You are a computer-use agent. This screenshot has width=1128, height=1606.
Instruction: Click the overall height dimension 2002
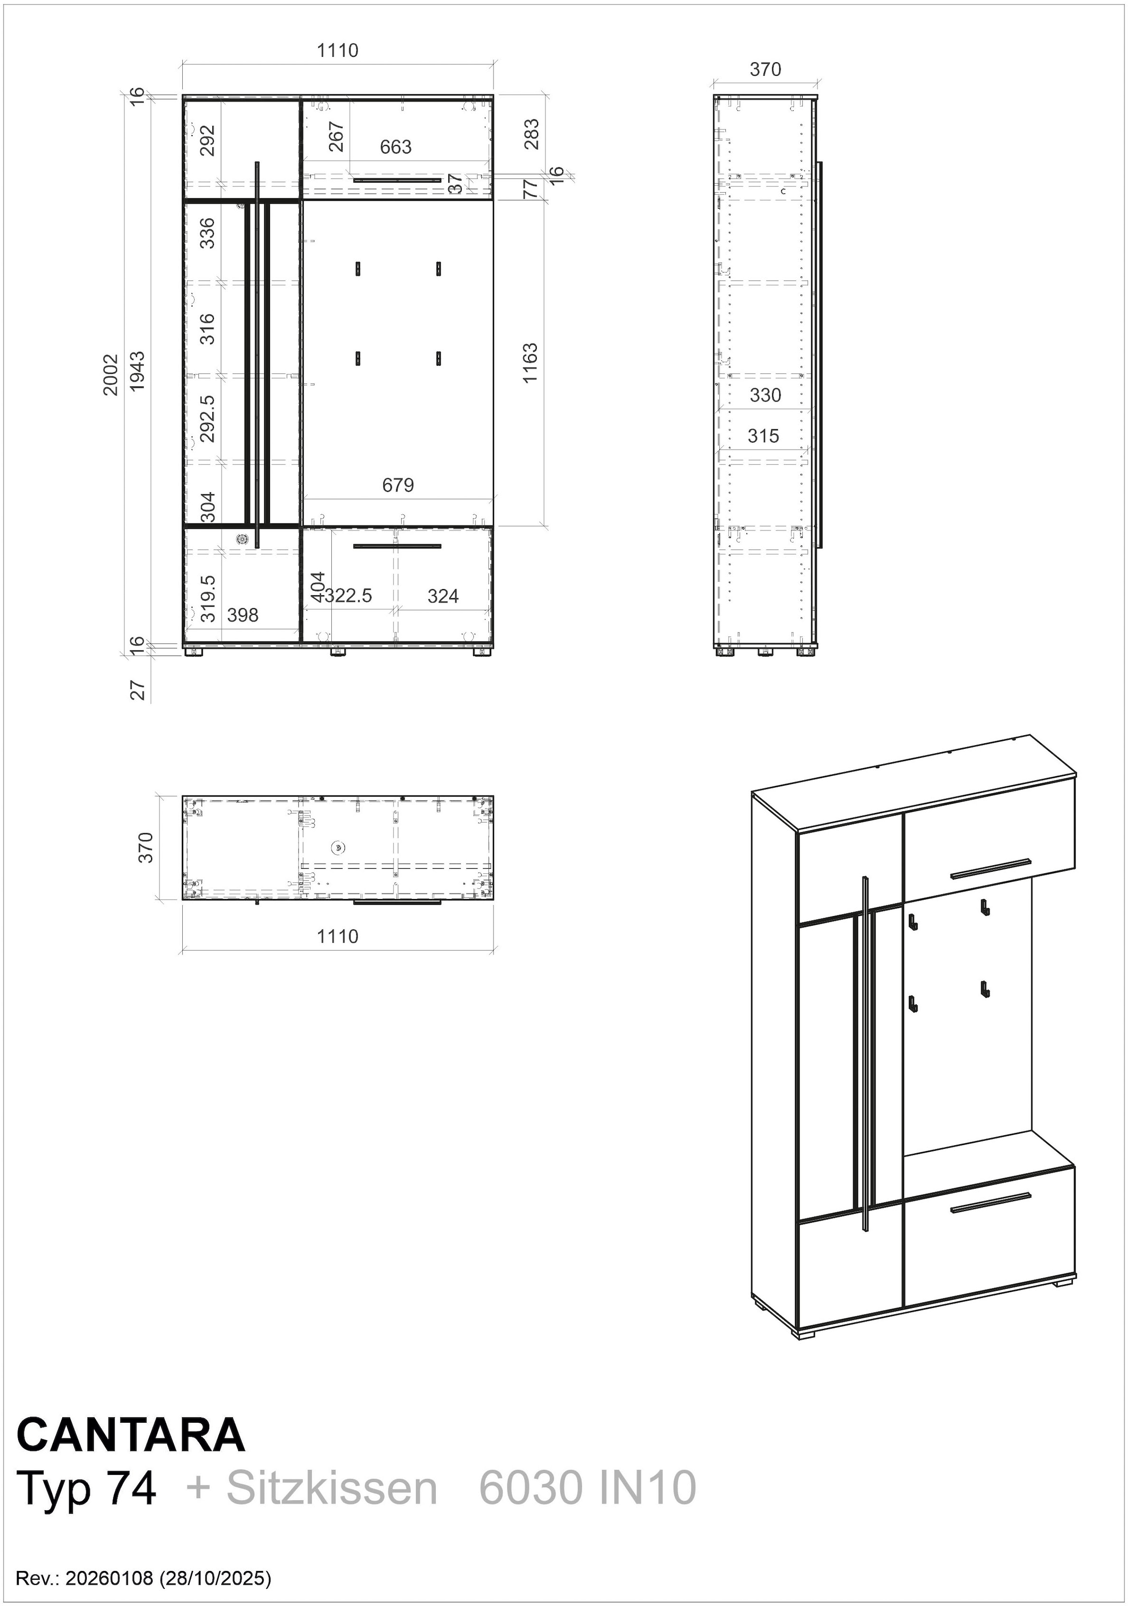pyautogui.click(x=110, y=375)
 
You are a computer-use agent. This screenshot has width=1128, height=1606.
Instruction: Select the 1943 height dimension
pyautogui.click(x=138, y=371)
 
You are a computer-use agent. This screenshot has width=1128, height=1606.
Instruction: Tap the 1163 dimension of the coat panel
pyautogui.click(x=531, y=362)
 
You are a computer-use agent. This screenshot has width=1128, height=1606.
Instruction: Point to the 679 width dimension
pyautogui.click(x=398, y=485)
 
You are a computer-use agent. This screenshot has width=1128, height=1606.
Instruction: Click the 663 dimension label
pyautogui.click(x=396, y=147)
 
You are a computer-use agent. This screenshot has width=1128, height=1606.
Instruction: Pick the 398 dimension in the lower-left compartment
pyautogui.click(x=243, y=615)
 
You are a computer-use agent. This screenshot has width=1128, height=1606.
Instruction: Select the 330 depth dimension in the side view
pyautogui.click(x=765, y=395)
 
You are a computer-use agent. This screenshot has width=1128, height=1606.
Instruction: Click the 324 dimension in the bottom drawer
pyautogui.click(x=443, y=596)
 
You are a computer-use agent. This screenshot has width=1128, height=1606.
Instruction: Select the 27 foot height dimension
pyautogui.click(x=139, y=691)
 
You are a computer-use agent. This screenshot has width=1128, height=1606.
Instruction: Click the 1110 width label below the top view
pyautogui.click(x=337, y=936)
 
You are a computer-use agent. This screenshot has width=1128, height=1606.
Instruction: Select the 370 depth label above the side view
pyautogui.click(x=765, y=69)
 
